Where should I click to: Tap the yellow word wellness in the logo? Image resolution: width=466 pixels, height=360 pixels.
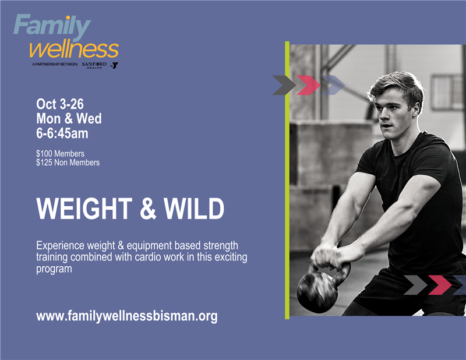[x=74, y=50]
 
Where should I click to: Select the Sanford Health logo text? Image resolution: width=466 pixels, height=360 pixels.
[x=94, y=65]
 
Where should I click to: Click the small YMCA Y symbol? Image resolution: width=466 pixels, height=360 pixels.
[x=114, y=65]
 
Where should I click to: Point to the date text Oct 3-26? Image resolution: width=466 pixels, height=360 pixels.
[x=60, y=104]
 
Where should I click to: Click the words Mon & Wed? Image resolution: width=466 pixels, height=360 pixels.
[x=69, y=118]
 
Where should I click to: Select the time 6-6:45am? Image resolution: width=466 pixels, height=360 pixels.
[x=62, y=133]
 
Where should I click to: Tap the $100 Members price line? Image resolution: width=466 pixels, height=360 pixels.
[x=61, y=154]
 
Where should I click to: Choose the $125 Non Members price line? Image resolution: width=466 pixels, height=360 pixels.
[x=68, y=163]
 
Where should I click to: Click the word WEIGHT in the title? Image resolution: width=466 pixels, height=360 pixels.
[x=84, y=209]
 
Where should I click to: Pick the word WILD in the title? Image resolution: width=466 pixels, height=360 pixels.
[x=194, y=209]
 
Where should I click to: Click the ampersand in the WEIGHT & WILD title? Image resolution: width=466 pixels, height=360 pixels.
[x=148, y=209]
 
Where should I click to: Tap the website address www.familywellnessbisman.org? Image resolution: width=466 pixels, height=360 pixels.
[x=127, y=316]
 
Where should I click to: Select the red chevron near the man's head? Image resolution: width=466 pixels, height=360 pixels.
[x=309, y=85]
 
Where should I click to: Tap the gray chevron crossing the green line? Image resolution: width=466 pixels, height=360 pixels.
[x=284, y=85]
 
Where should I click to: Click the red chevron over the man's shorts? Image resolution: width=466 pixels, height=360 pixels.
[x=440, y=285]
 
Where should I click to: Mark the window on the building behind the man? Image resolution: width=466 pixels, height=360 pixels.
[x=443, y=92]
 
